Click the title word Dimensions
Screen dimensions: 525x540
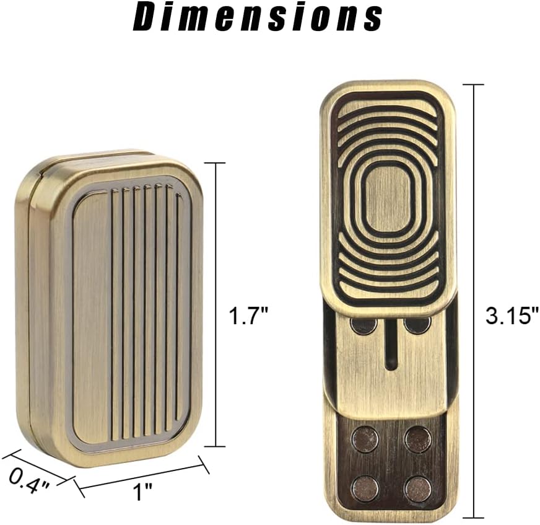258,19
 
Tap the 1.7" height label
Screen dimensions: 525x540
248,317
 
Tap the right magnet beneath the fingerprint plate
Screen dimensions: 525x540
417,324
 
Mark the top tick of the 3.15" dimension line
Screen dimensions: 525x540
474,84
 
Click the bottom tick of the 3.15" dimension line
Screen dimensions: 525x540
474,517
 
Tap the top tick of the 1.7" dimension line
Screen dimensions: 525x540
215,163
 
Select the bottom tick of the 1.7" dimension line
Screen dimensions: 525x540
215,446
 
